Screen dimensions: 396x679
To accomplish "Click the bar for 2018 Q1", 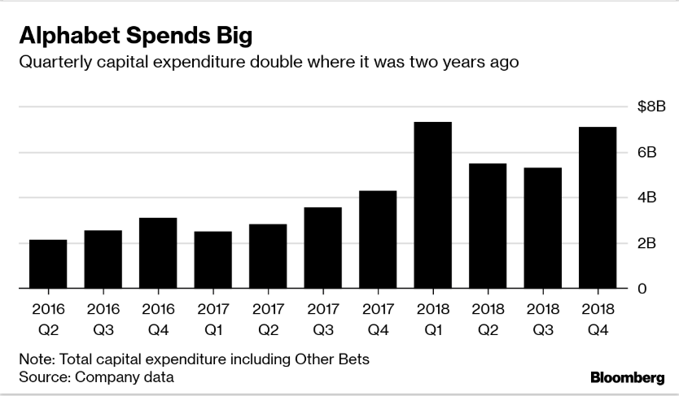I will (x=432, y=205).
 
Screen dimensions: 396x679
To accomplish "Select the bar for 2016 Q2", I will (x=48, y=264).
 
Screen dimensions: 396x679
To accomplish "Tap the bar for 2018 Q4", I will (x=598, y=207).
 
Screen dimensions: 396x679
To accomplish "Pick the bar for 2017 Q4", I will (x=378, y=240).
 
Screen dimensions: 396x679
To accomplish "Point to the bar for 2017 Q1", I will (x=212, y=260).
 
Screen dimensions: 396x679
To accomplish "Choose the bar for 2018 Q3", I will (x=542, y=228).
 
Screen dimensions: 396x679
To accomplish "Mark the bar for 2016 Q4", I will (x=158, y=253).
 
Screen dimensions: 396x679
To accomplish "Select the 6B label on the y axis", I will (x=648, y=152).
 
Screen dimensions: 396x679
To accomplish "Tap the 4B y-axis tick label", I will (x=648, y=198).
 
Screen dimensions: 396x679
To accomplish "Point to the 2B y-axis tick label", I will (x=648, y=243).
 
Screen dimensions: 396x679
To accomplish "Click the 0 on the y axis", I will (x=642, y=289).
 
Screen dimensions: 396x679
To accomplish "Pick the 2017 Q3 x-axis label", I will (x=323, y=320).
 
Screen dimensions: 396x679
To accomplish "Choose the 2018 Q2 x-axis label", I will (x=488, y=320).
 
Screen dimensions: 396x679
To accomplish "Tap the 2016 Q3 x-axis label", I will (x=103, y=320).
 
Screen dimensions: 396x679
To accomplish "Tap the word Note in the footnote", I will (x=33, y=359).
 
